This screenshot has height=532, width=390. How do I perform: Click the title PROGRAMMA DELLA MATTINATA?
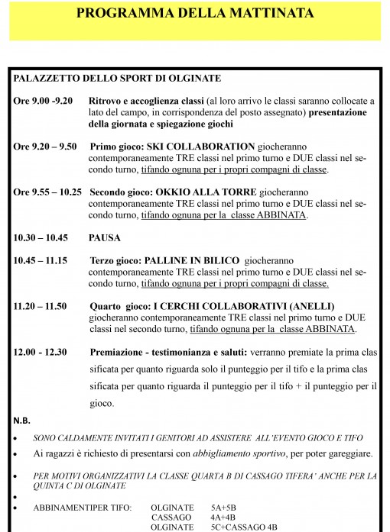(195, 15)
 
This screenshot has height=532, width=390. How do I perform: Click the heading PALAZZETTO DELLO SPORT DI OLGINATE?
(117, 79)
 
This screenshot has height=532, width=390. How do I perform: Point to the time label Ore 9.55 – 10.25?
(47, 192)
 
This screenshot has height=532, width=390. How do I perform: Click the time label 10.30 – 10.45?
(41, 237)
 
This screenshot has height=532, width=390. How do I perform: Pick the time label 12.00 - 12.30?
(41, 352)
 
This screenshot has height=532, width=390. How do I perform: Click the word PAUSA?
(106, 237)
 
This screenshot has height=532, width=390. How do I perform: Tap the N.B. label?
(22, 421)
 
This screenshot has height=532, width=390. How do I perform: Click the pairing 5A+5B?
(225, 507)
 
